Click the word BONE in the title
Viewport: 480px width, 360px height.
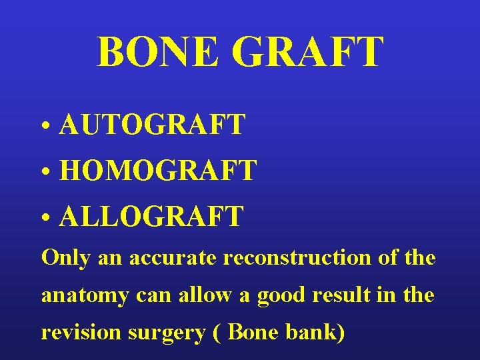coord(157,53)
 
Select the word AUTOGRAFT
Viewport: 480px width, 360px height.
coord(152,125)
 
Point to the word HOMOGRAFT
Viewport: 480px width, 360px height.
coord(158,171)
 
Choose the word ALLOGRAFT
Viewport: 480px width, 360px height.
coord(151,217)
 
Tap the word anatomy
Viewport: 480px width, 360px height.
coord(83,295)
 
